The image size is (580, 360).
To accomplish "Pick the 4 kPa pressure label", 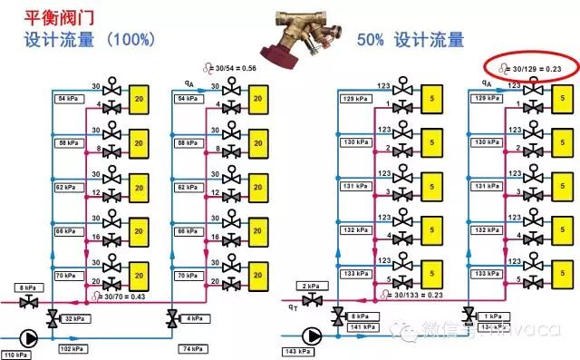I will (x=192, y=318).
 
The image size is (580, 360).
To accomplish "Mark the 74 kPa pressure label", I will (x=192, y=348).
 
